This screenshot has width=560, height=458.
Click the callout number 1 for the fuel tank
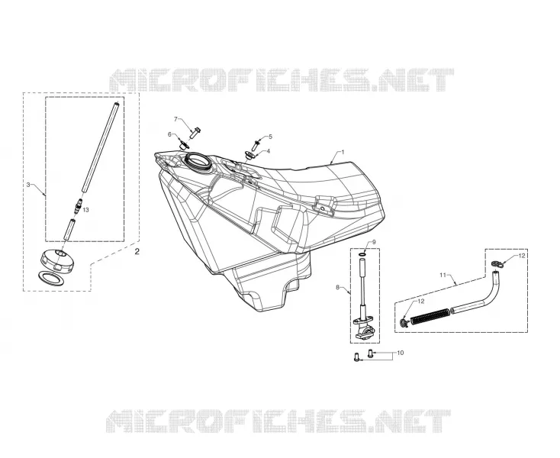point(343,152)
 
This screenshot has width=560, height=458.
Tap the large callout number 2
point(137,251)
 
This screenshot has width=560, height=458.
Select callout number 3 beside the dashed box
point(28,185)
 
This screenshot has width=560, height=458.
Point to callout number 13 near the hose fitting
point(85,210)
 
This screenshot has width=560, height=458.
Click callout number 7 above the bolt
point(175,118)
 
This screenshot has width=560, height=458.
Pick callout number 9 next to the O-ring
point(374,242)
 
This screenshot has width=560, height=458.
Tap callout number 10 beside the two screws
point(401,353)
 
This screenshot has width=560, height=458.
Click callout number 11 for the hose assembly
point(443,275)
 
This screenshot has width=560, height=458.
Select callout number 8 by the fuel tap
point(337,287)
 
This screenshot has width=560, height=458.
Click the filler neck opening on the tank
point(198,162)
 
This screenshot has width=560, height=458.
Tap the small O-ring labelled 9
point(362,254)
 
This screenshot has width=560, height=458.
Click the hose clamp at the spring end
point(404,322)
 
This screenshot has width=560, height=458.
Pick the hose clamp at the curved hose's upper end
point(497,263)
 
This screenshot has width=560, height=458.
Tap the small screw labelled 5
point(256,145)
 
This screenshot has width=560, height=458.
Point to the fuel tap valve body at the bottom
point(363,327)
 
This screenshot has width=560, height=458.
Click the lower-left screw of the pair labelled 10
point(356,356)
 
